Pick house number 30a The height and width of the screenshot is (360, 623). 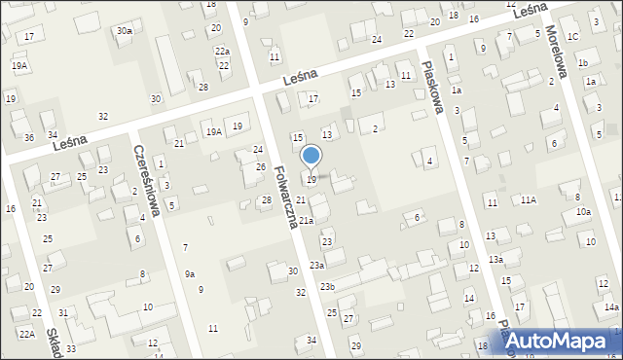coord(125,31)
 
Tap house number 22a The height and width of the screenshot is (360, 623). coord(223,52)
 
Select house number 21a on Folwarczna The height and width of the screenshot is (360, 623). coord(306,221)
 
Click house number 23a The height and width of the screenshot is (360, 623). coord(317,265)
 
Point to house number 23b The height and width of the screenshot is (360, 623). coord(328,286)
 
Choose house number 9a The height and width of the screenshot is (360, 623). coord(191,273)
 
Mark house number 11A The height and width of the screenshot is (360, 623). coord(528,199)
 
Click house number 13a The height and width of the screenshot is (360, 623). coord(495,259)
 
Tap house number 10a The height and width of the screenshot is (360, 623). coord(583,211)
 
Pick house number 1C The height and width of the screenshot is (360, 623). coord(573,37)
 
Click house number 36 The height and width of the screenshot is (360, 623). coord(29,137)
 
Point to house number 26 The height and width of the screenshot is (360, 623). coord(261,166)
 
